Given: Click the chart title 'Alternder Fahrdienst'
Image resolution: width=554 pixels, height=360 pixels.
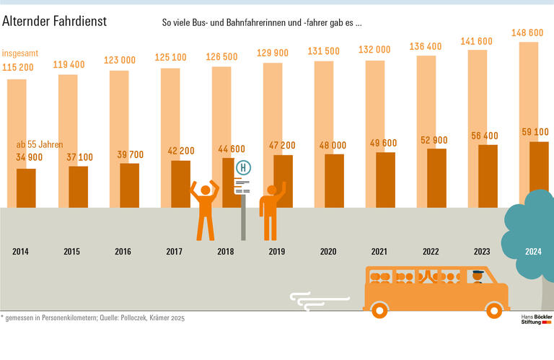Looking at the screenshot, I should pyautogui.click(x=54, y=22).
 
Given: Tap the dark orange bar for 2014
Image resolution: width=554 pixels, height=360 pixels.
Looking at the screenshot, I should pyautogui.click(x=26, y=188).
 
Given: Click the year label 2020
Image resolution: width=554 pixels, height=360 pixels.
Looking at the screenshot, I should pyautogui.click(x=328, y=252).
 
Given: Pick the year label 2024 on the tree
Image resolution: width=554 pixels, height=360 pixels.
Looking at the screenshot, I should pyautogui.click(x=533, y=252).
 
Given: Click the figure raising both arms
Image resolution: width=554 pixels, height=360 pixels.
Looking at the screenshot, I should pyautogui.click(x=204, y=209).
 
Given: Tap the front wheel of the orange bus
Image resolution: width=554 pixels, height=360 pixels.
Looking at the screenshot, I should pyautogui.click(x=493, y=310).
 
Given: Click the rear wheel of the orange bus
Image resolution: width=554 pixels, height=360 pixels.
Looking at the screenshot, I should pyautogui.click(x=379, y=310).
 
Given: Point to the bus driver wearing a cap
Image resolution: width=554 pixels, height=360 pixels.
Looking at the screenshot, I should pyautogui.click(x=477, y=276).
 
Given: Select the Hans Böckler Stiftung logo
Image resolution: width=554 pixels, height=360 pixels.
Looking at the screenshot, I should pyautogui.click(x=535, y=319).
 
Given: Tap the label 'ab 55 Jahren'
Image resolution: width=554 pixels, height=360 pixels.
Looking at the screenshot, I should pyautogui.click(x=40, y=144).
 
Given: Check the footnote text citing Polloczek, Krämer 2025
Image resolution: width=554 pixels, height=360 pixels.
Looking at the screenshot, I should pyautogui.click(x=94, y=317).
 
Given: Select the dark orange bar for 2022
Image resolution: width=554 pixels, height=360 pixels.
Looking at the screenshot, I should pyautogui.click(x=436, y=177).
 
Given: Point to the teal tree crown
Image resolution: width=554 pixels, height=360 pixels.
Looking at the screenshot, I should pyautogui.click(x=532, y=224).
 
